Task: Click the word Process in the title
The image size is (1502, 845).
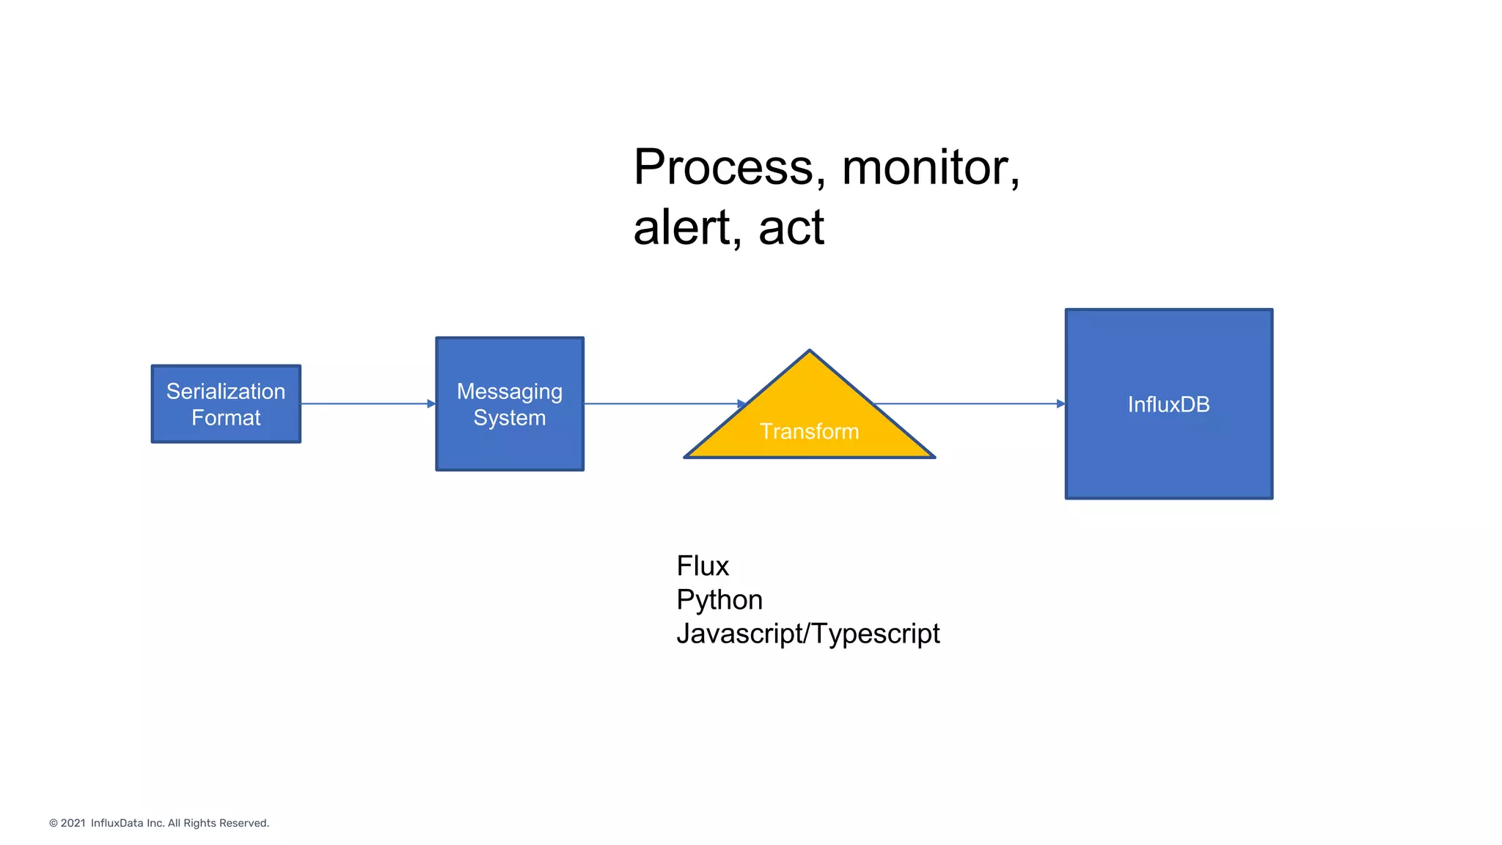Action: point(722,167)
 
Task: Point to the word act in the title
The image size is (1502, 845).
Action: point(791,227)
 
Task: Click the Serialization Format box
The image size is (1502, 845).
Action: point(226,404)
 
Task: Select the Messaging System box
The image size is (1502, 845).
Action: point(510,404)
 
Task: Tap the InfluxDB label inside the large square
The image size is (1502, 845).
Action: point(1168,404)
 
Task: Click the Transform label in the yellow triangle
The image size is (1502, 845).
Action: point(809,431)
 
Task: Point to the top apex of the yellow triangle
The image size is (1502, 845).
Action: point(809,352)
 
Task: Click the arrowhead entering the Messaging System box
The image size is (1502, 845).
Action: point(431,403)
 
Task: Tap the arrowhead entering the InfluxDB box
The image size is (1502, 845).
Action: point(1060,403)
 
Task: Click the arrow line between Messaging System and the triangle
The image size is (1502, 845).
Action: point(660,403)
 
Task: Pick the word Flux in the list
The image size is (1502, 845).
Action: point(703,566)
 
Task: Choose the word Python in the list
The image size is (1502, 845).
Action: point(719,600)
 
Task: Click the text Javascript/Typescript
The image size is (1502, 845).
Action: point(807,634)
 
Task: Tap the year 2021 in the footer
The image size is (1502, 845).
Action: point(73,823)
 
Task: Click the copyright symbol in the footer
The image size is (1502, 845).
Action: point(54,823)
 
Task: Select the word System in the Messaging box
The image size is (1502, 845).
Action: point(510,418)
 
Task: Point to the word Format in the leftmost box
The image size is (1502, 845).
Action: point(226,418)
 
